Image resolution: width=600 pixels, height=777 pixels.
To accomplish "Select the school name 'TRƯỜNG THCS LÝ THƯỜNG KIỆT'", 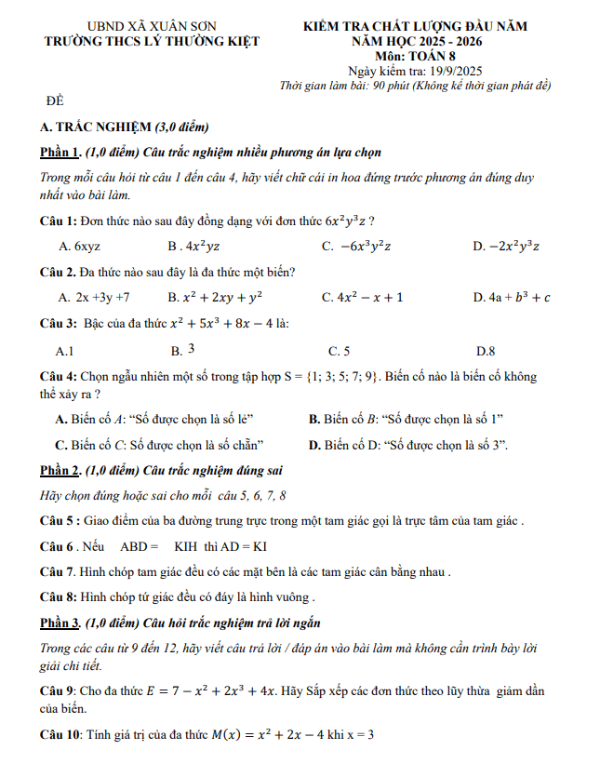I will click(153, 41).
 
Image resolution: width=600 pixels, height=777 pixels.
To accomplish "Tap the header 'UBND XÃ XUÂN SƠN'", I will click(152, 26).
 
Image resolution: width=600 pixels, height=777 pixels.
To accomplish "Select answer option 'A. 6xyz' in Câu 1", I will click(79, 247).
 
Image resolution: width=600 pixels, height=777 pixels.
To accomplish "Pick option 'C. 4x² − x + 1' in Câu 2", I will click(362, 298).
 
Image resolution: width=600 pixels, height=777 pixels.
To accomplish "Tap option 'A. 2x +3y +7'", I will click(93, 298).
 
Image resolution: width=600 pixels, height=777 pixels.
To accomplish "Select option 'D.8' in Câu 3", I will click(485, 351).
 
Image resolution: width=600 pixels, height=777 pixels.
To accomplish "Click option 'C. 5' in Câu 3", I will click(339, 351).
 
